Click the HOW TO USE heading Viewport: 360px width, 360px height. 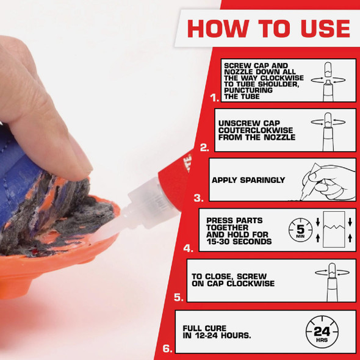click(x=268, y=28)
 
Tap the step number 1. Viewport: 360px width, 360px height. click(x=213, y=97)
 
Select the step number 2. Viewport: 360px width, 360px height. click(x=204, y=147)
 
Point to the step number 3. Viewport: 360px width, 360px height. click(x=198, y=197)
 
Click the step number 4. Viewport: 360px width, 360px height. click(x=188, y=248)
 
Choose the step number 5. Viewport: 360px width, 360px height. click(x=178, y=298)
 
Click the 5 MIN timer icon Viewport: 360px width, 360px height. click(x=299, y=231)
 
